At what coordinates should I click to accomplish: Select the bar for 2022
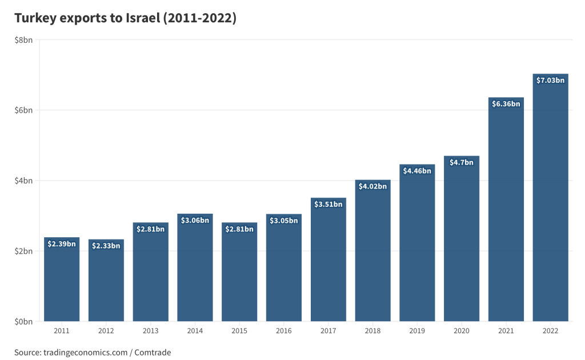[550, 200]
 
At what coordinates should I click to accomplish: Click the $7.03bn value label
[550, 80]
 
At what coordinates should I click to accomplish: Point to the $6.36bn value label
[506, 103]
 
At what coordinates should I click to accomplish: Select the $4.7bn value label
[462, 162]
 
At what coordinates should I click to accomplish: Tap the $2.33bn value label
[106, 246]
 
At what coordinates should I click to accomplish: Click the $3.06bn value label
[195, 220]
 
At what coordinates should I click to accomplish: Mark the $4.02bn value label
[372, 186]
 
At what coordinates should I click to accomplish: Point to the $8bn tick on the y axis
[23, 39]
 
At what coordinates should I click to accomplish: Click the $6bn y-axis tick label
[23, 110]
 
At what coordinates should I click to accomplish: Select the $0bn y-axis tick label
[23, 322]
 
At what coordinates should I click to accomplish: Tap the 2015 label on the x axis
[239, 331]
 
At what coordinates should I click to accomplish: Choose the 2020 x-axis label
[462, 331]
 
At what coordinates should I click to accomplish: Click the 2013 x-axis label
[150, 331]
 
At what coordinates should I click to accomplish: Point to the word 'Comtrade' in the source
[154, 353]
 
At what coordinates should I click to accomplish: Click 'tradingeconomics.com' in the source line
[85, 353]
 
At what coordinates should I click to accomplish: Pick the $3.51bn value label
[328, 204]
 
